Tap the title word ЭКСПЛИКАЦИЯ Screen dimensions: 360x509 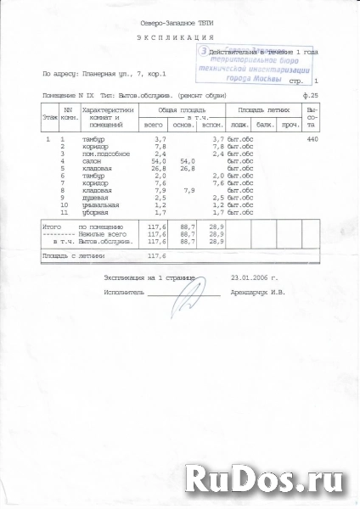(x=177, y=39)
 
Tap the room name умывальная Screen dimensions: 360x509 (x=103, y=206)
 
